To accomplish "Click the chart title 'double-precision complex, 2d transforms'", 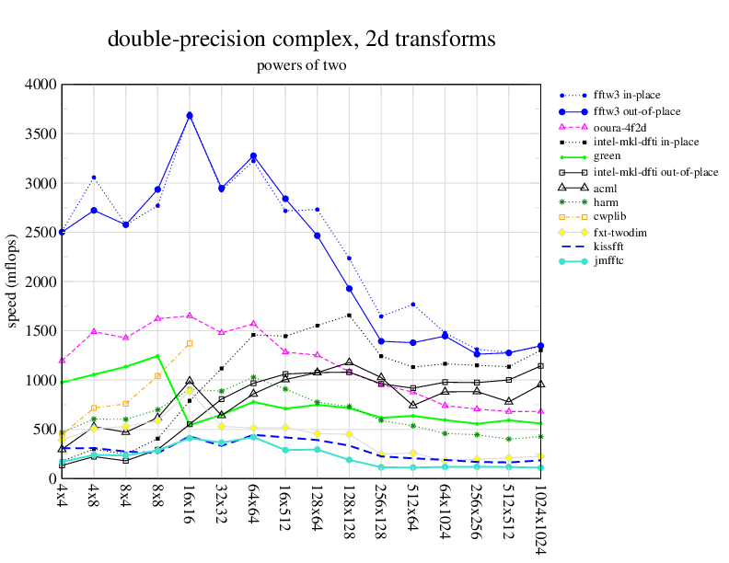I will click(x=302, y=40).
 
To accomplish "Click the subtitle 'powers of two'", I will click(x=302, y=65).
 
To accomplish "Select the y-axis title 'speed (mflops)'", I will click(x=14, y=281).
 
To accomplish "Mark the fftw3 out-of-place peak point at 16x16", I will click(x=190, y=116).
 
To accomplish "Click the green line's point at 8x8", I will click(x=157, y=355).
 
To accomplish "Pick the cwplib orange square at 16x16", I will click(x=190, y=343).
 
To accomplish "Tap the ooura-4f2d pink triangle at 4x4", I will click(x=62, y=360).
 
